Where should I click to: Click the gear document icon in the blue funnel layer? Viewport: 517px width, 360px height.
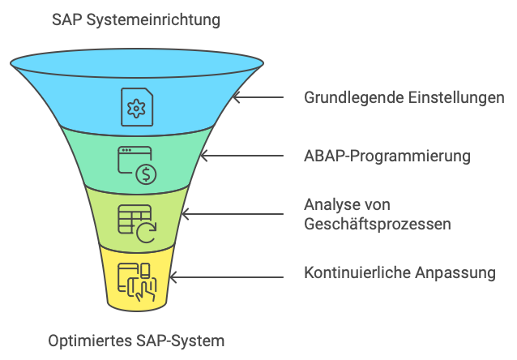pos(136,105)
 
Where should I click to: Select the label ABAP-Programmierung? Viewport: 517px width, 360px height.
pos(387,156)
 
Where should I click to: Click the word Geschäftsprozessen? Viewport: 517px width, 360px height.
pos(377,225)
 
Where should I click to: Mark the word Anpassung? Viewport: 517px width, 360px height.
pos(460,272)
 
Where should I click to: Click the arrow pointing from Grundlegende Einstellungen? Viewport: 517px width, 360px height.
pos(258,97)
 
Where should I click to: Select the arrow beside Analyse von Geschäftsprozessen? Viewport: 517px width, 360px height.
pos(231,214)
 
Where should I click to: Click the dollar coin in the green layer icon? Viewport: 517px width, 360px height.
pos(146,174)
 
